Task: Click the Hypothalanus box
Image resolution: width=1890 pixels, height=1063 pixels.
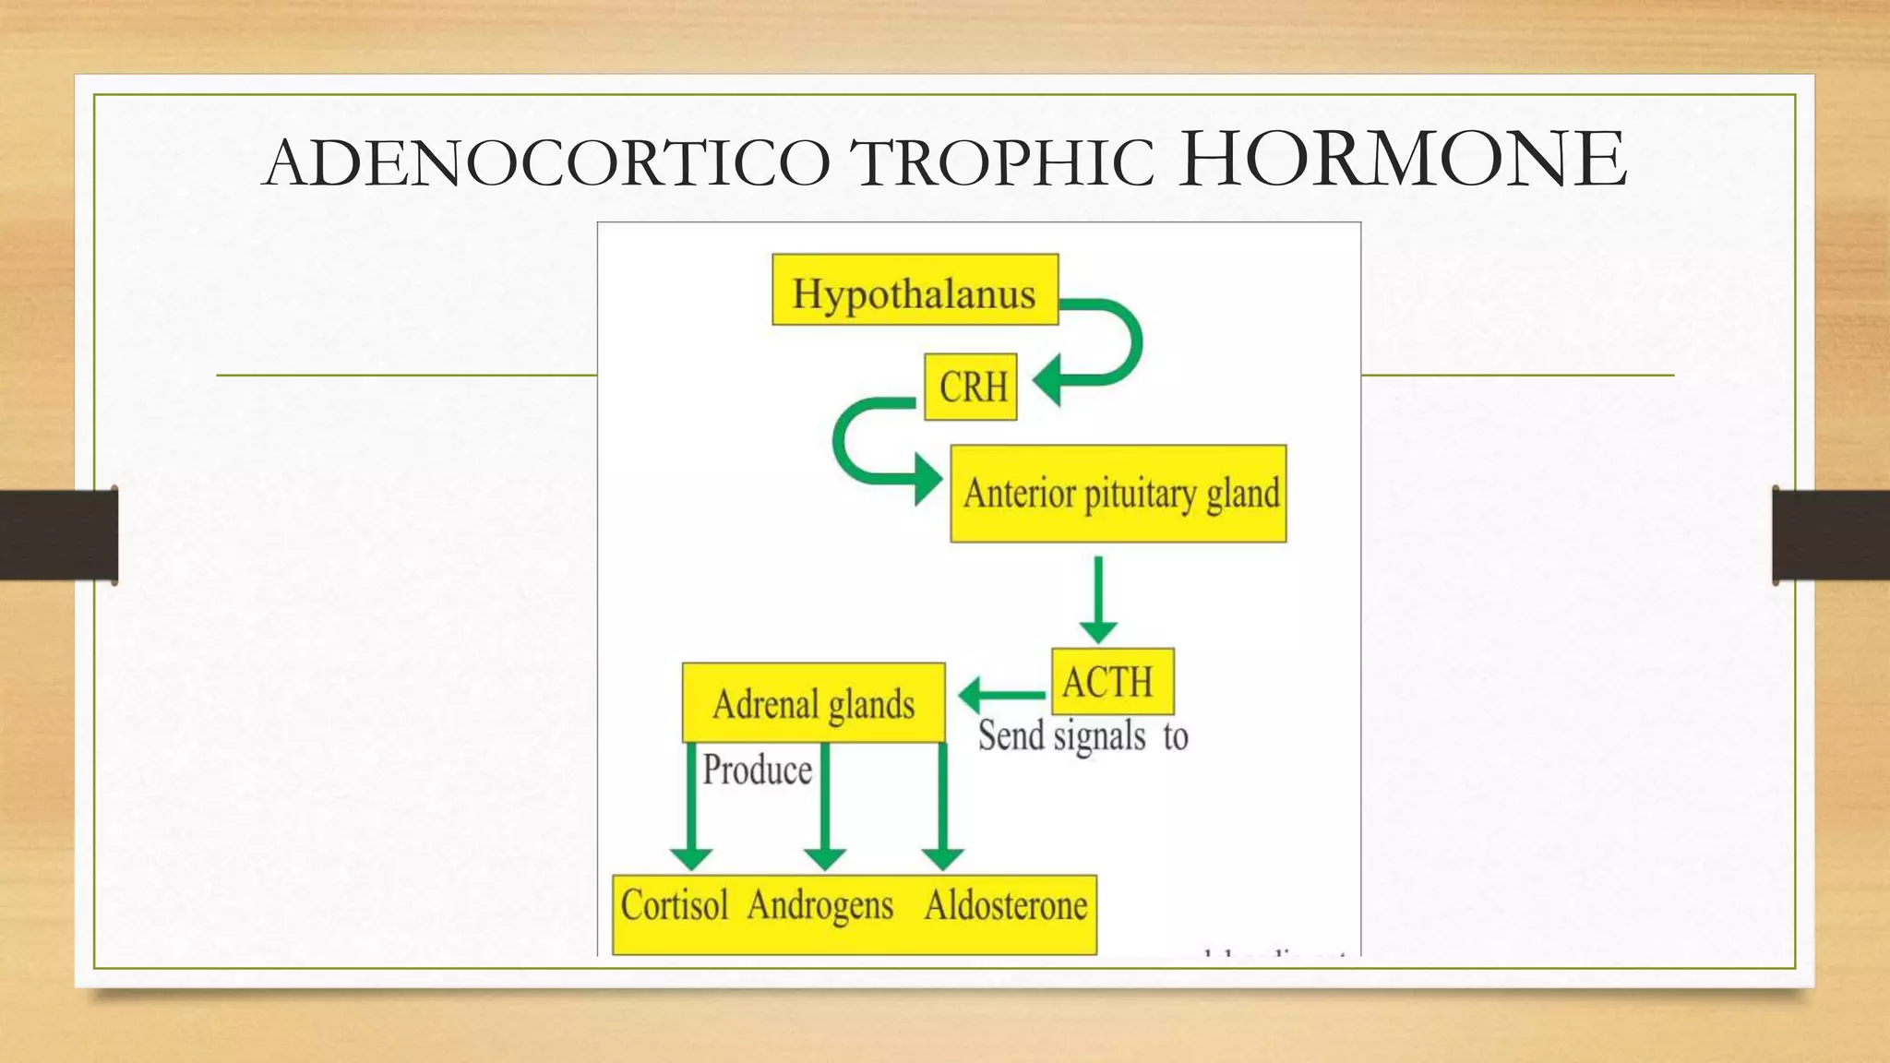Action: point(915,290)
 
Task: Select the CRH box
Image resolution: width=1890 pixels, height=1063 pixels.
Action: point(971,387)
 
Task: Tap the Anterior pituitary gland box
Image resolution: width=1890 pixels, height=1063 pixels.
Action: point(1118,494)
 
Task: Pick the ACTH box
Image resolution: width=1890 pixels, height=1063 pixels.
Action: point(1112,682)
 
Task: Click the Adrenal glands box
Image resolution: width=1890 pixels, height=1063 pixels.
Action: point(813,703)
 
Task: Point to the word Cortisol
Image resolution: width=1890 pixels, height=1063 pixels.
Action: point(675,905)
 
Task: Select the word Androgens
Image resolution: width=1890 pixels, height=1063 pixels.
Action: point(820,905)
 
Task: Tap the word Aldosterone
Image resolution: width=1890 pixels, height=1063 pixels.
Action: point(1006,905)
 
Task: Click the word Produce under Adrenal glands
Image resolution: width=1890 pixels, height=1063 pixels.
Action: point(757,770)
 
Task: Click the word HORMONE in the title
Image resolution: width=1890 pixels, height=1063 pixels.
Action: point(1403,159)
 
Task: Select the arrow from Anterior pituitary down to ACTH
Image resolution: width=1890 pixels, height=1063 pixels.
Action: point(1098,600)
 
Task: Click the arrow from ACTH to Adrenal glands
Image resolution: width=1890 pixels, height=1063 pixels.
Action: point(1001,696)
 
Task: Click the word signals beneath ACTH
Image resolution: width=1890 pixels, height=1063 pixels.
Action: point(1099,737)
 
